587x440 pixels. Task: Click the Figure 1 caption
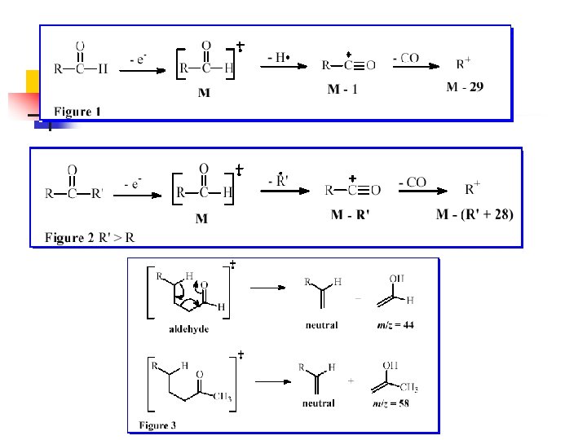(x=77, y=112)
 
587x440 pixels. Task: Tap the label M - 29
(x=465, y=87)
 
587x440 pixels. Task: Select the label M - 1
(x=342, y=89)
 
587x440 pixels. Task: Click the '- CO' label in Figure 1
(x=404, y=57)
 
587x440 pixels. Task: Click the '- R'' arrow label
(x=282, y=180)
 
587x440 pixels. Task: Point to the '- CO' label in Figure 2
(x=413, y=183)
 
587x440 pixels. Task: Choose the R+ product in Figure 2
(x=471, y=190)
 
